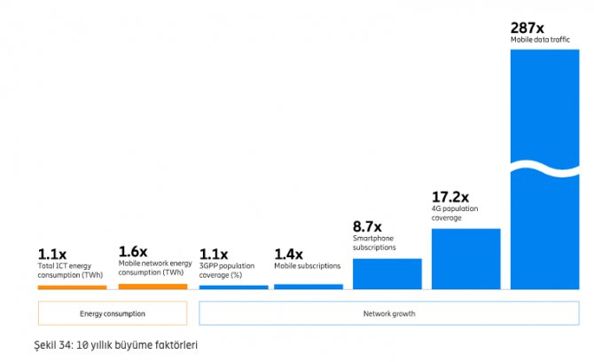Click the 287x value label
527,28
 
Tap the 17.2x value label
450,196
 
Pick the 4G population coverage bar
465,258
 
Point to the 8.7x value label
367,225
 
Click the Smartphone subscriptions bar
387,273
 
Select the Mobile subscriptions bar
308,287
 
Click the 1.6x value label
132,251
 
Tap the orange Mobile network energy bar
152,287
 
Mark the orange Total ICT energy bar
72,287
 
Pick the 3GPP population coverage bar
233,287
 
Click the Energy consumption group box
112,313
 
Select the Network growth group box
388,313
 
